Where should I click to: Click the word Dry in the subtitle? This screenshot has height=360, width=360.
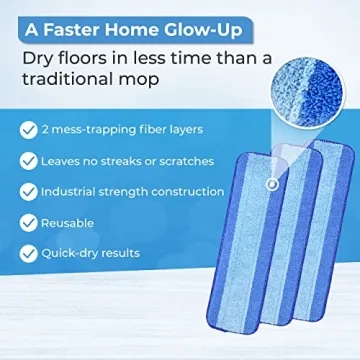coord(39,59)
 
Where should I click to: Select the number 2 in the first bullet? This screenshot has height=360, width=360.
coord(46,129)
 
